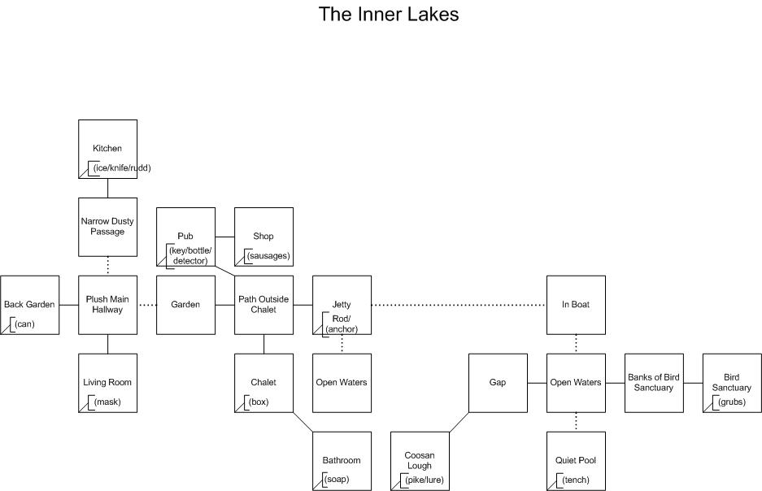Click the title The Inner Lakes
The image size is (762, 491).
click(388, 14)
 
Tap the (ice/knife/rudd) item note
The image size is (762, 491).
click(122, 168)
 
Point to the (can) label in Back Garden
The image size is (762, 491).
click(24, 324)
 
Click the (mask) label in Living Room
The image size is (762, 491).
click(107, 402)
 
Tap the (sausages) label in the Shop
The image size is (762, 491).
click(268, 255)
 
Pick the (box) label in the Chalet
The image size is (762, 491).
click(259, 402)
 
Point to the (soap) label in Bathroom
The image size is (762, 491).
click(337, 480)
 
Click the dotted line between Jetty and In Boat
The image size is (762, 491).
click(459, 305)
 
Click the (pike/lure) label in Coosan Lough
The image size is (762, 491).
click(425, 480)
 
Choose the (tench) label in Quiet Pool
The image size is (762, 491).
click(576, 480)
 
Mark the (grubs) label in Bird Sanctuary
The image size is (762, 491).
click(732, 402)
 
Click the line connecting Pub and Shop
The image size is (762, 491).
click(225, 237)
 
